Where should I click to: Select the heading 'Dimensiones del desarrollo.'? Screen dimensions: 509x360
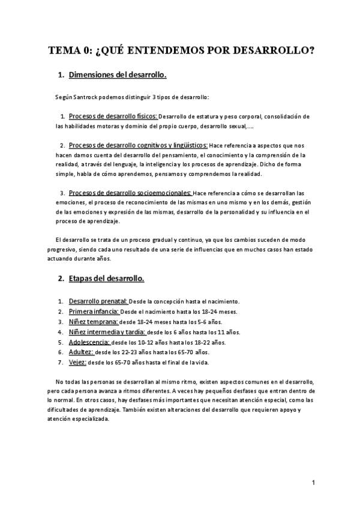118,75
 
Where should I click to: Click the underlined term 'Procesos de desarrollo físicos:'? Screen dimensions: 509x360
113,115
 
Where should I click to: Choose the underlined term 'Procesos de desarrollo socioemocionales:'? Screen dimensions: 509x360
130,193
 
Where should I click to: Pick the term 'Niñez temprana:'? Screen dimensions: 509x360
93,322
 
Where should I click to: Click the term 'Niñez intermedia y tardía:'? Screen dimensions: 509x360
107,332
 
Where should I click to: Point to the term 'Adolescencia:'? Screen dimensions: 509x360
89,342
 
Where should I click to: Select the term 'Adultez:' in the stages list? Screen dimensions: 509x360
81,352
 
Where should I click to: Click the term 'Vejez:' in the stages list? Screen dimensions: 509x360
78,363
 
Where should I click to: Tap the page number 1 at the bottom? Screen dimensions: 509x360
313,483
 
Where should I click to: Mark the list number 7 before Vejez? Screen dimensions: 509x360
60,363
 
